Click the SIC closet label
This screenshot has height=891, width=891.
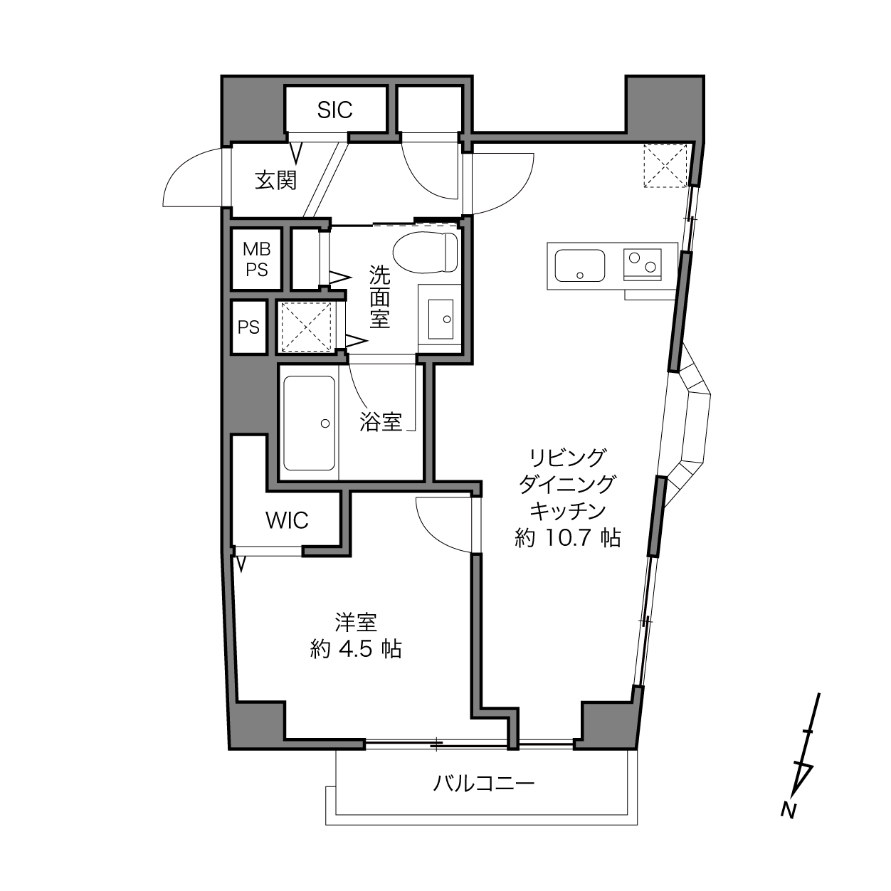point(334,110)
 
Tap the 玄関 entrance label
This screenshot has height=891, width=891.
point(276,180)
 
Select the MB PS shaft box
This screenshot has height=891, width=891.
point(257,259)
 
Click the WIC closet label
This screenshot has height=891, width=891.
point(287,521)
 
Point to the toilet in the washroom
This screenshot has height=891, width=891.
point(425,253)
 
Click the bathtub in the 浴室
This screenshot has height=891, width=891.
point(309,423)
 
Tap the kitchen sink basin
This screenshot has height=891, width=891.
point(580,265)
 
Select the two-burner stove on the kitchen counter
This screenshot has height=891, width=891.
point(642,265)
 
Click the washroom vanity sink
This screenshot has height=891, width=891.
point(441,319)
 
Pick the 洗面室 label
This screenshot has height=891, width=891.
point(379,296)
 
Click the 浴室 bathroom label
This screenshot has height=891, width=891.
point(381,422)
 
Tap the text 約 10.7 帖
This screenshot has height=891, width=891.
point(568,538)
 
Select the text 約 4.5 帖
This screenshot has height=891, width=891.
point(356,649)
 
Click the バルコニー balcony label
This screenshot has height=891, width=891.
point(484,784)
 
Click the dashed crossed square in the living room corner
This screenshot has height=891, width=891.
point(665,166)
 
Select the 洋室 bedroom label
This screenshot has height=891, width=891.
point(356,623)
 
